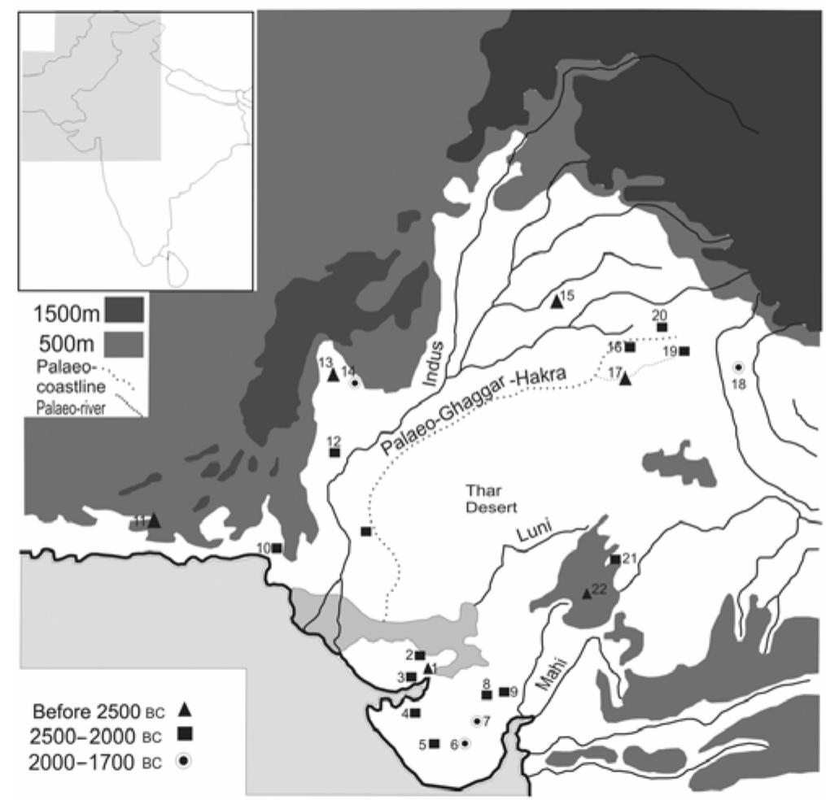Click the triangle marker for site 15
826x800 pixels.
[556, 301]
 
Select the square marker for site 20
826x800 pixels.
[662, 327]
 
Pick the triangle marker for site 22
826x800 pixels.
[586, 593]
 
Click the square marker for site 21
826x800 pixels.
[614, 559]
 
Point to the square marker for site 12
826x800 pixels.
[334, 452]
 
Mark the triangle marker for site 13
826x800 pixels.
[332, 375]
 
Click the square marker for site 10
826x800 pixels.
[277, 547]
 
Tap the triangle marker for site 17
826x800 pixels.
[625, 378]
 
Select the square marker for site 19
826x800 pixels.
[684, 351]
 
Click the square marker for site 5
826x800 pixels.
[434, 743]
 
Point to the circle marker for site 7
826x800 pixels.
[477, 720]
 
